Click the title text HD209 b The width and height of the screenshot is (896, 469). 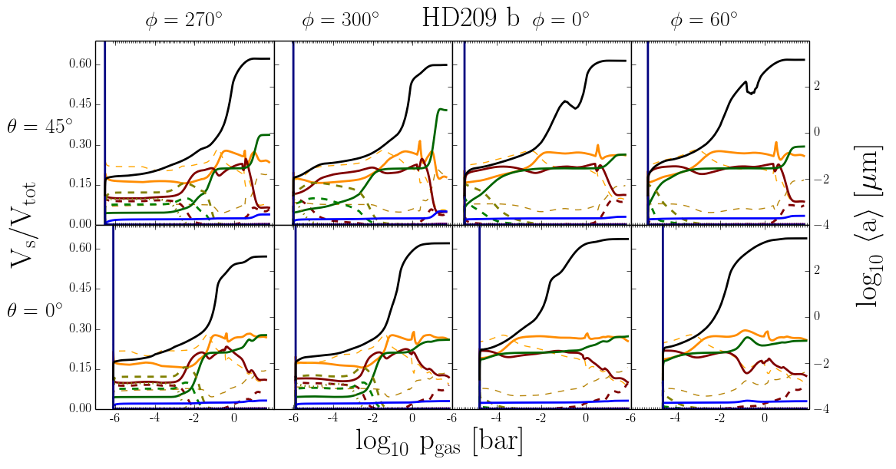(x=470, y=18)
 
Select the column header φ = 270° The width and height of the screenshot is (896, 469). (x=184, y=21)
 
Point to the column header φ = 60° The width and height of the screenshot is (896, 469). (x=703, y=21)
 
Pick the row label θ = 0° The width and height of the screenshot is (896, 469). (x=35, y=310)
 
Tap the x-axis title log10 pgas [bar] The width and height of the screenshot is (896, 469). (x=439, y=441)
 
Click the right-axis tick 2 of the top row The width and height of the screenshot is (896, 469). (x=817, y=86)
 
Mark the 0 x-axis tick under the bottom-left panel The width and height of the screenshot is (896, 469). (x=233, y=418)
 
